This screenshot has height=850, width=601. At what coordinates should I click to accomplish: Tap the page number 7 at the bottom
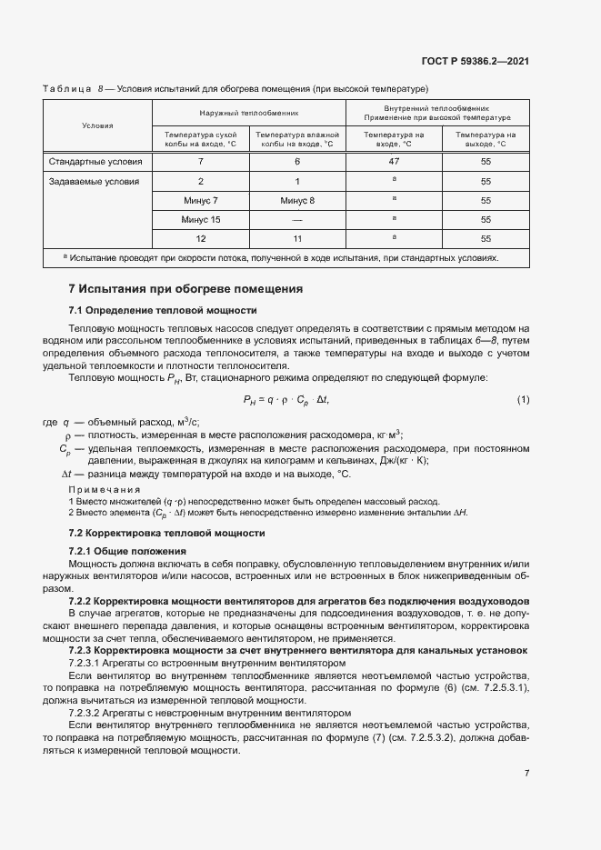click(x=526, y=774)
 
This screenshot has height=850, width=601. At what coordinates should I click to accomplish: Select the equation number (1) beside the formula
click(x=523, y=399)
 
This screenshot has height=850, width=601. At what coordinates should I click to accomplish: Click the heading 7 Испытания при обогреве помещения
click(x=185, y=289)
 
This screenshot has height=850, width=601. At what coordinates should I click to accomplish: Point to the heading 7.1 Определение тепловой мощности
click(x=150, y=310)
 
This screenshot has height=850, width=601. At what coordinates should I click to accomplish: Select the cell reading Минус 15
click(x=200, y=219)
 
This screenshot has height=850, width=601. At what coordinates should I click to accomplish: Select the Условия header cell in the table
click(x=97, y=125)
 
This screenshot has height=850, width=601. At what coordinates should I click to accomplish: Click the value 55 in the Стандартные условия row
click(x=486, y=162)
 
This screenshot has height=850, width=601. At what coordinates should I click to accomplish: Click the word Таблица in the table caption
click(x=66, y=88)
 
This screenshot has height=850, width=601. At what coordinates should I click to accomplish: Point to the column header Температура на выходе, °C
click(x=486, y=139)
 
